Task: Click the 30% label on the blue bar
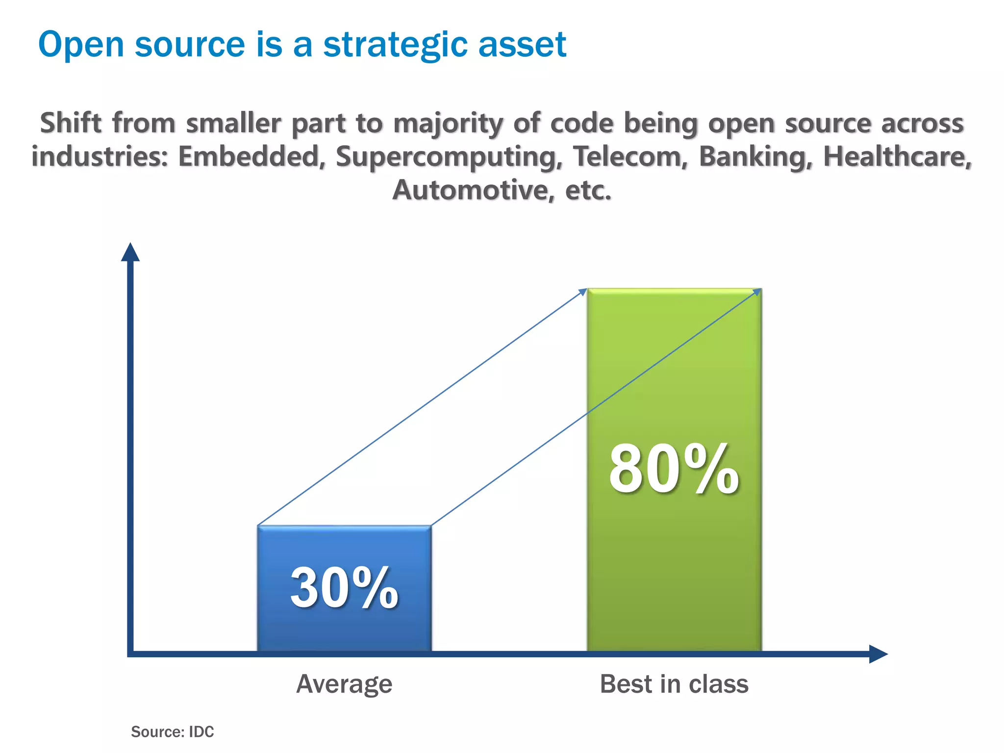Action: point(344,588)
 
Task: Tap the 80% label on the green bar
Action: point(674,469)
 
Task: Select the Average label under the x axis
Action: point(344,684)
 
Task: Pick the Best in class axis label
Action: point(674,684)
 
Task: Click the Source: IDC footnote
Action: point(173,731)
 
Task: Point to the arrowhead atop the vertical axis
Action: point(130,252)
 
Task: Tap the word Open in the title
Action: point(81,45)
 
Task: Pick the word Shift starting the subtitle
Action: point(71,123)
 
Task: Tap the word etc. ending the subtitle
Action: point(588,190)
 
